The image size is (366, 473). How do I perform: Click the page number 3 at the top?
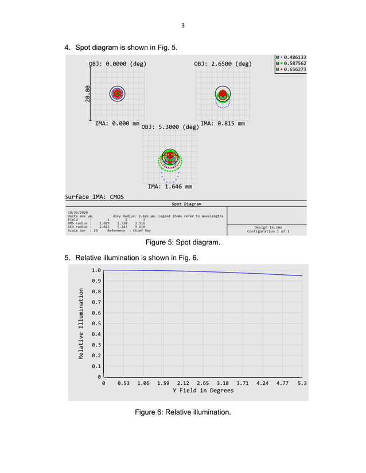pos(182,25)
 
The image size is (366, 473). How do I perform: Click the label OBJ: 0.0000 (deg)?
pos(117,64)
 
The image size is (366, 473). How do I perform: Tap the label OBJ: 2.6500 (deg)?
pos(223,64)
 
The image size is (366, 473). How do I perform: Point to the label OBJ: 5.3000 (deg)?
pos(170,127)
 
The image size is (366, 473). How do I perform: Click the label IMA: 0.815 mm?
pos(223,123)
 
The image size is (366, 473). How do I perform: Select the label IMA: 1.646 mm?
pos(170,186)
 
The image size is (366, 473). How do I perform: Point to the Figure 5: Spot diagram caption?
pos(182,243)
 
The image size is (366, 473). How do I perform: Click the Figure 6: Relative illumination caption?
pos(182,412)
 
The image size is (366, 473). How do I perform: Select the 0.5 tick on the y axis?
pos(96,324)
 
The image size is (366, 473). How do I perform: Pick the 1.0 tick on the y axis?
pos(96,270)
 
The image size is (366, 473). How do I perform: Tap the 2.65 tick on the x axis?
pos(203,383)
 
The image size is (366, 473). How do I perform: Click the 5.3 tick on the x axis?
pos(302,383)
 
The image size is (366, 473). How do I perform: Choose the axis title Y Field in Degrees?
pos(203,391)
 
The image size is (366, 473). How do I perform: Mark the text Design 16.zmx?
pos(268,227)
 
